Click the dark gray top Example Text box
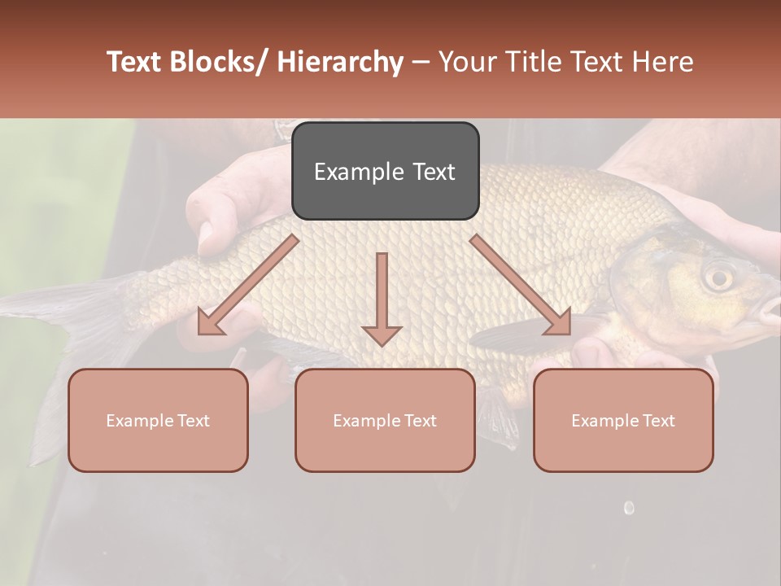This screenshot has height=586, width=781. coord(385,171)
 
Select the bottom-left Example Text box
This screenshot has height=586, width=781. coord(158,420)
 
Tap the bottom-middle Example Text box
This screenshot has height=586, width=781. coord(385,420)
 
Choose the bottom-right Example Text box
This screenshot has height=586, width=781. coord(623,420)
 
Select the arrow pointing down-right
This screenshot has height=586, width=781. coord(521,285)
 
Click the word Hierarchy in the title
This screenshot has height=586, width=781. coord(339,62)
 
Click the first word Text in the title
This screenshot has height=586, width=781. coord(135,62)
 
